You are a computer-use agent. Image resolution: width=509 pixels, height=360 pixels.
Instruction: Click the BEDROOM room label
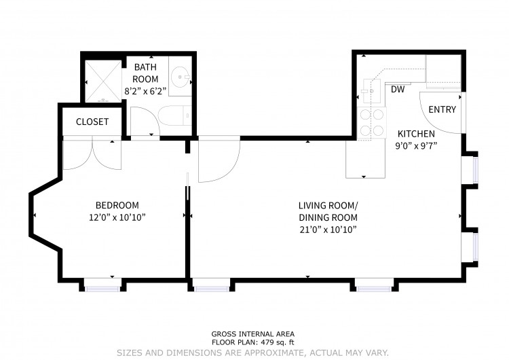(x=117, y=205)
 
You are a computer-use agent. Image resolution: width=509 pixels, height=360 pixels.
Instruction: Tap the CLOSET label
(x=92, y=122)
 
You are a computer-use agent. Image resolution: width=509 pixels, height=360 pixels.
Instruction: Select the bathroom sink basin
(x=180, y=77)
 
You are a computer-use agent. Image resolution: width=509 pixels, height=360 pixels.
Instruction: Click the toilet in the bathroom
(x=174, y=115)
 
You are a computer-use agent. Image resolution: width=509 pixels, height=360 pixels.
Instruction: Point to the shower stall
(x=103, y=82)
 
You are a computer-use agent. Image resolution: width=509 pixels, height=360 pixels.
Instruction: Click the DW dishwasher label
(x=398, y=90)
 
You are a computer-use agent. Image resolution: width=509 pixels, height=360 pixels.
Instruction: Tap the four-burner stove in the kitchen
(x=372, y=123)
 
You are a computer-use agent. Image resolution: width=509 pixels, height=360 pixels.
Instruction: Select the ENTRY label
(x=442, y=109)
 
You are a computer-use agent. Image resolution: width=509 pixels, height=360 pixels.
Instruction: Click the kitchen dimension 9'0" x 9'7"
(x=416, y=146)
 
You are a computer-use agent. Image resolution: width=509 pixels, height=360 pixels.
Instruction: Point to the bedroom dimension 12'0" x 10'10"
(x=117, y=217)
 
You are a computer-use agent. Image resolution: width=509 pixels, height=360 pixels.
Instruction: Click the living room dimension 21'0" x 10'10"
(x=328, y=230)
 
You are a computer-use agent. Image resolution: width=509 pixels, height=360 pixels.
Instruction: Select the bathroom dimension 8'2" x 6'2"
(x=145, y=91)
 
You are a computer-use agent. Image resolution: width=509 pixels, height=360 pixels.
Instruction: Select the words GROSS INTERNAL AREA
(x=253, y=334)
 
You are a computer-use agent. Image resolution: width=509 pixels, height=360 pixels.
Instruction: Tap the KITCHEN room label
(x=416, y=134)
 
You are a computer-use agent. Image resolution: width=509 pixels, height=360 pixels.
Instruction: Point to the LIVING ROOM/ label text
(x=328, y=206)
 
